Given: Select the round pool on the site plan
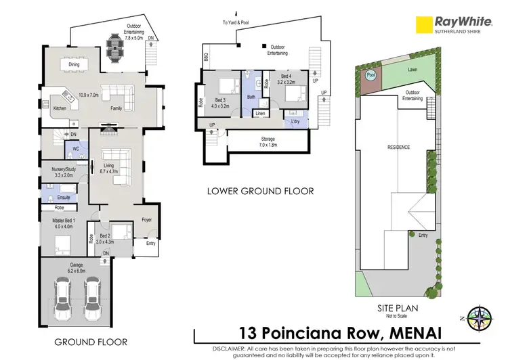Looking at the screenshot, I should (371, 76).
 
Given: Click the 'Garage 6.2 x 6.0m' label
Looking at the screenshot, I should (75, 268).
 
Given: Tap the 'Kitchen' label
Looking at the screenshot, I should (59, 108).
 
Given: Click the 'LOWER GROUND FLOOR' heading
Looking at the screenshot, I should (260, 192).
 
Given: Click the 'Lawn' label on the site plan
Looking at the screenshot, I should (412, 69).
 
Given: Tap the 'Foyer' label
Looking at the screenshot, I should (146, 220).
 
